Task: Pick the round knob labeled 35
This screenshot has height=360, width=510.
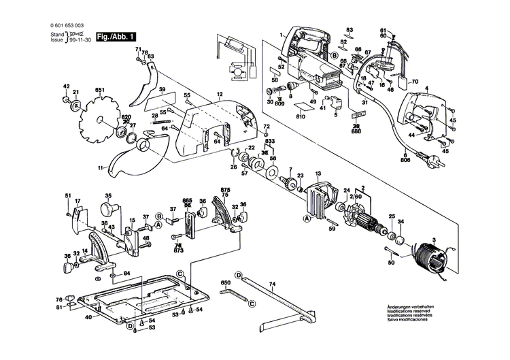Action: click(107, 207)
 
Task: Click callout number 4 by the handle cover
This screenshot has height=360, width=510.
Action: click(427, 88)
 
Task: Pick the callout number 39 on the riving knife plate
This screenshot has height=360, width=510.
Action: click(162, 90)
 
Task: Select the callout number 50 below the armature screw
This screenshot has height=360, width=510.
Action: click(391, 263)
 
